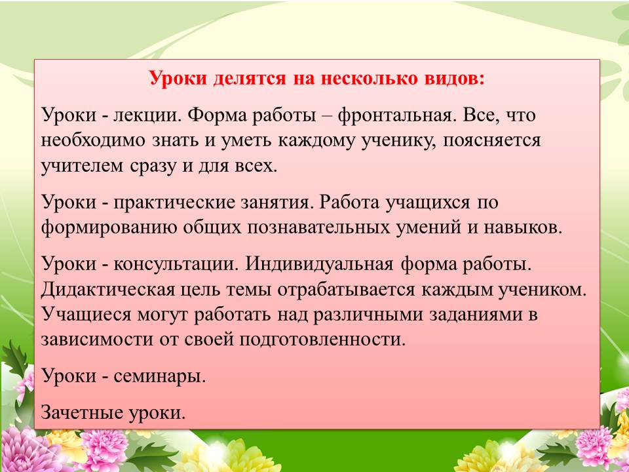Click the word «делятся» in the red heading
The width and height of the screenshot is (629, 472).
pos(250,79)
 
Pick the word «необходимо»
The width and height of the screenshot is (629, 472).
pos(92,141)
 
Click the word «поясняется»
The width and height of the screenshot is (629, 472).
pos(491,141)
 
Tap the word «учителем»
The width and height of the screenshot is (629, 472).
pos(82,166)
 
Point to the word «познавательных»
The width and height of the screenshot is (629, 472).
pos(318,227)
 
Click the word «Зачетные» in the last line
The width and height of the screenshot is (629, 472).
pos(83,412)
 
